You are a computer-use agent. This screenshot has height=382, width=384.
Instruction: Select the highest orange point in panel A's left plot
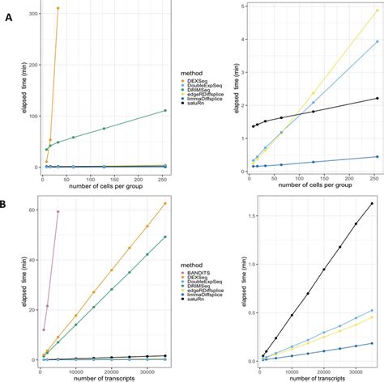58,8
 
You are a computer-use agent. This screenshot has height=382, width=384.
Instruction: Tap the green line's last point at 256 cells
165,110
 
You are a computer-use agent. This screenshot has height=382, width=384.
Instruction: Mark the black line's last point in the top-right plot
377,99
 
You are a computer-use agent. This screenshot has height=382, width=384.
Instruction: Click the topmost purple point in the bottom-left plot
58,211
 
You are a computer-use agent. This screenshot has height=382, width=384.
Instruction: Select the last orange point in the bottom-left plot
165,203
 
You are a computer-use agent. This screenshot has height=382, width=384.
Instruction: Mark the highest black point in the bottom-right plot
372,204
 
